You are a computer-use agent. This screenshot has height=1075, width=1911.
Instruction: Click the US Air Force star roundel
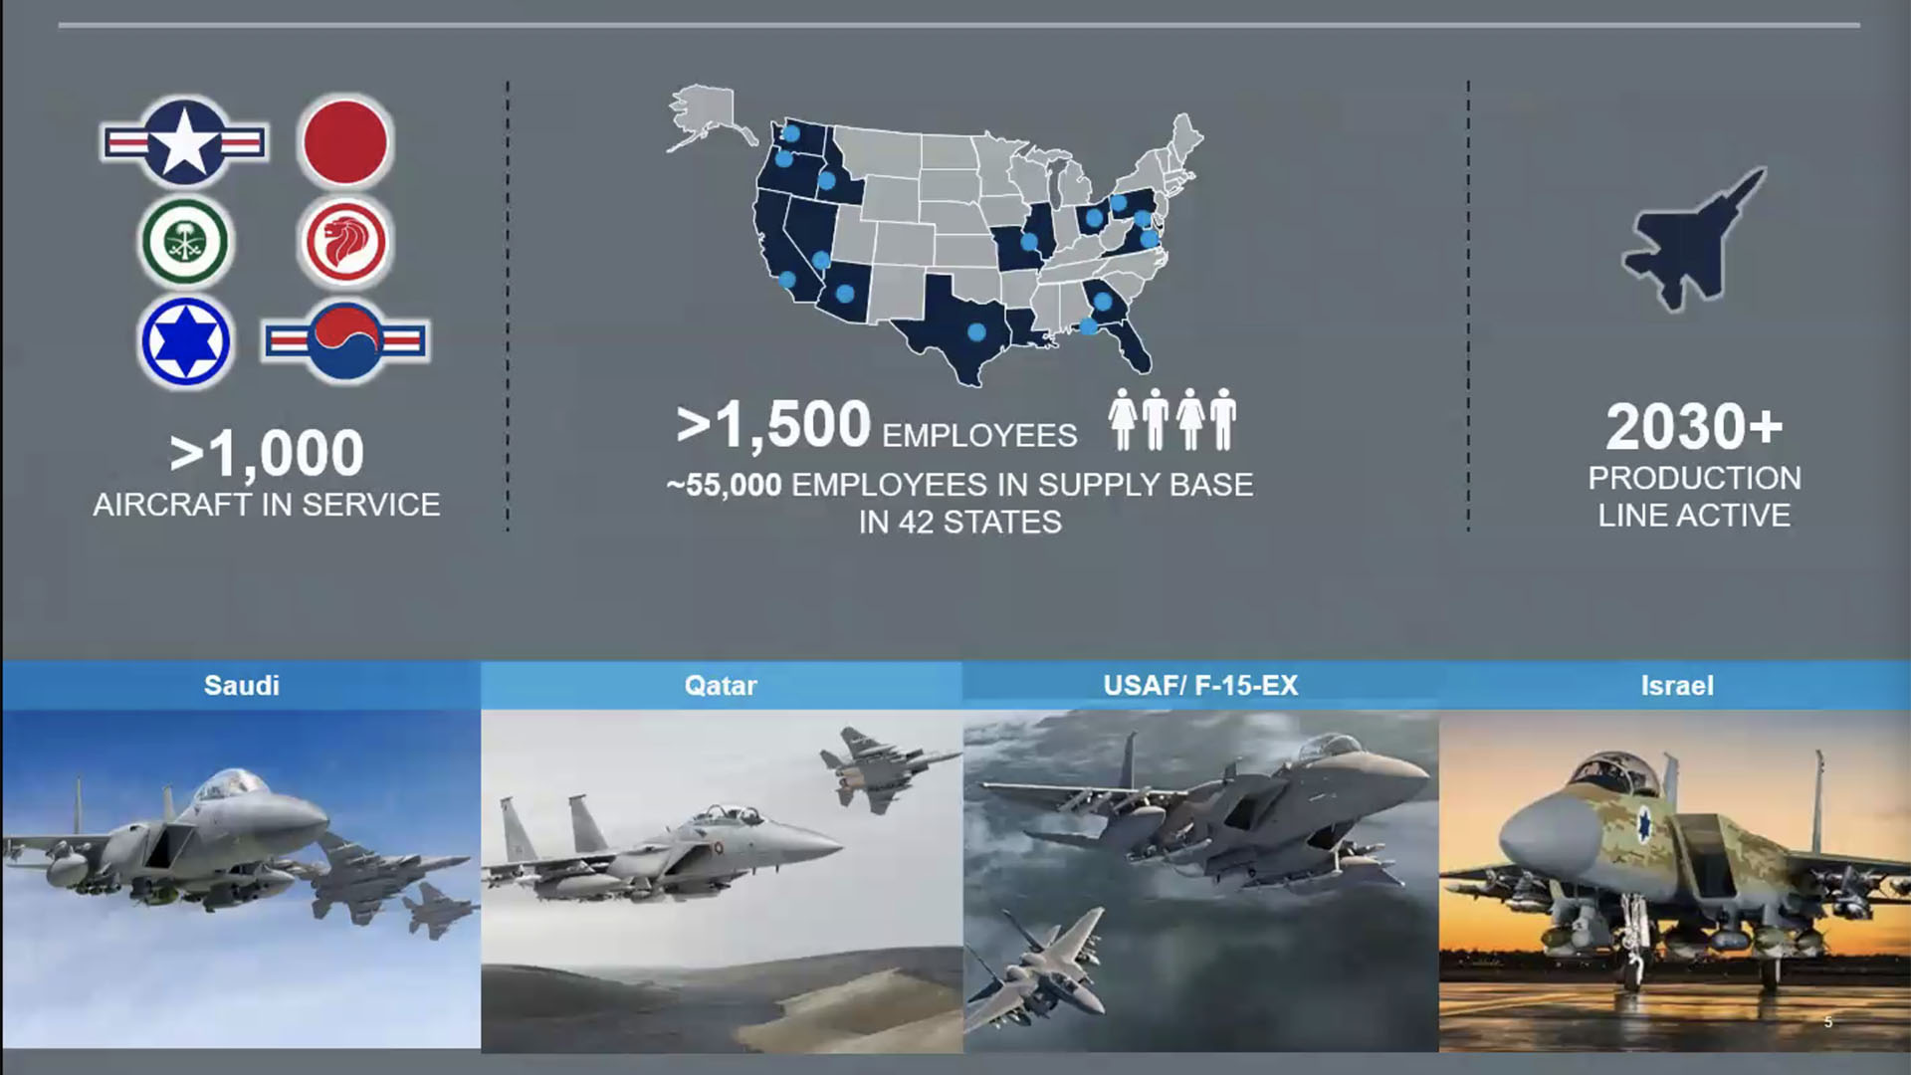pos(185,142)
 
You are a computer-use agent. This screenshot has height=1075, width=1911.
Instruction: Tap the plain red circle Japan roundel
pos(344,142)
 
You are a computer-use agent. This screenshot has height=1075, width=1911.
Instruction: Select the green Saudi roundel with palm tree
pos(185,242)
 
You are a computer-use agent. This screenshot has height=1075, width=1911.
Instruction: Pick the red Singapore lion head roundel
pos(344,242)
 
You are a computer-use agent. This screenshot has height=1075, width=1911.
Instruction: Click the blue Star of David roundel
pos(185,341)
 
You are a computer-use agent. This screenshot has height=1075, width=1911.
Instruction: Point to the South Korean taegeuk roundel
pos(345,341)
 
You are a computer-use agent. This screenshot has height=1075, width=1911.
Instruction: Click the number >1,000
pos(267,454)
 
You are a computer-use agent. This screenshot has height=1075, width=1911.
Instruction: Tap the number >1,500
pos(773,425)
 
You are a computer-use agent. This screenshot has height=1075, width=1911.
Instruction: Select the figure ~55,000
pos(724,485)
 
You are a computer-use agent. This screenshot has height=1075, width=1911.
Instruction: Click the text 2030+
pos(1694,427)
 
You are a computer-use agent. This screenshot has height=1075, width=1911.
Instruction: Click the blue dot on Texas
pos(976,331)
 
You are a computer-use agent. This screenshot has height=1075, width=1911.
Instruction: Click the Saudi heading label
pos(241,685)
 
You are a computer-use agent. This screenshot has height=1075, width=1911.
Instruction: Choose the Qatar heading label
pos(721,685)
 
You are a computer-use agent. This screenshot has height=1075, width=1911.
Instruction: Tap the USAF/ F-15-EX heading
pos(1200,685)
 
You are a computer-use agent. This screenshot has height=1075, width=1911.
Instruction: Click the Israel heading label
pos(1677,685)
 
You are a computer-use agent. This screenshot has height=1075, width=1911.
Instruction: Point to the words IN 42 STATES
pos(959,522)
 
